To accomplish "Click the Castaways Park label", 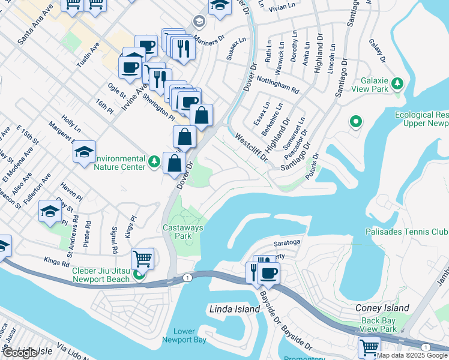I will coord(183,232).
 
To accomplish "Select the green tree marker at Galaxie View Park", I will coord(397,83).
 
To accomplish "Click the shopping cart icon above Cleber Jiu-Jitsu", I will coord(142,259).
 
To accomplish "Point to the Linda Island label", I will coord(235,310).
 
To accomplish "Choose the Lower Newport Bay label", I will coord(184,336).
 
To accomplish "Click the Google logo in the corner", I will coord(19,353).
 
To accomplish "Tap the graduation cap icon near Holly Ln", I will coord(84,152).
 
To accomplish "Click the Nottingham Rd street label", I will coord(277,85).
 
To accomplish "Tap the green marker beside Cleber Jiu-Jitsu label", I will coord(139,275).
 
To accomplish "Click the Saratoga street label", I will coord(286,242).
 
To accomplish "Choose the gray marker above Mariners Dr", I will coord(198,22).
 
